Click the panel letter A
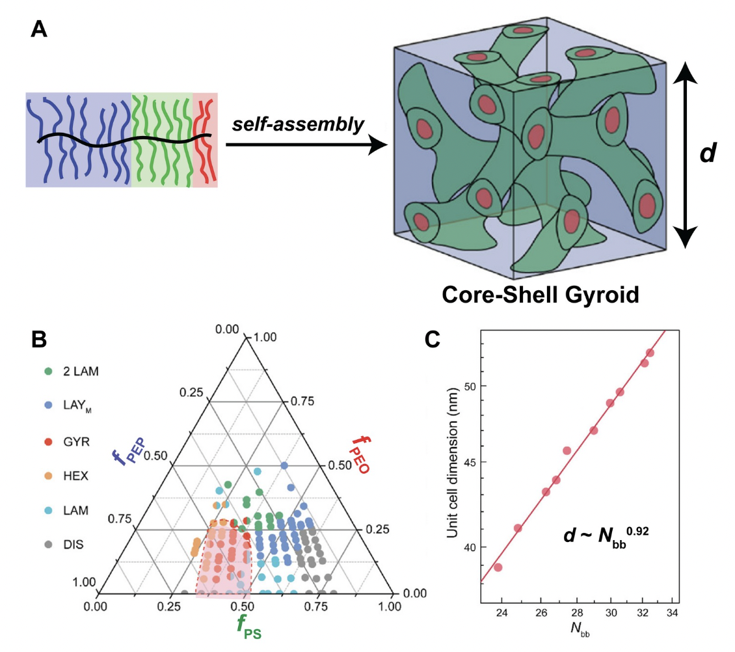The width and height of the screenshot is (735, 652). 39,29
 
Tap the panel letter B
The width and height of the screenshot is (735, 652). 39,339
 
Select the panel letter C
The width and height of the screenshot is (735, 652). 432,339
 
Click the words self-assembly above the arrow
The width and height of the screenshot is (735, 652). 298,124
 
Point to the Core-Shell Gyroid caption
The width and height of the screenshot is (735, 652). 541,295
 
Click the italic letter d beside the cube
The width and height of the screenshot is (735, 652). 708,152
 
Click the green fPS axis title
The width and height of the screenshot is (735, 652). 249,626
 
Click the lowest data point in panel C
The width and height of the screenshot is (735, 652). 498,567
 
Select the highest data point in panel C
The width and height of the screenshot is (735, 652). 650,353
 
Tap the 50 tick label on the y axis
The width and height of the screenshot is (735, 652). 470,386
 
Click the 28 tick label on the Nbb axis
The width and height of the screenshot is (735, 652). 577,613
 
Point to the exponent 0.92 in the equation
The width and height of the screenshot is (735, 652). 637,531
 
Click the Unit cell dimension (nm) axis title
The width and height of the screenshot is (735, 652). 452,463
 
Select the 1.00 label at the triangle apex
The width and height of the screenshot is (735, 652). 265,337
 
